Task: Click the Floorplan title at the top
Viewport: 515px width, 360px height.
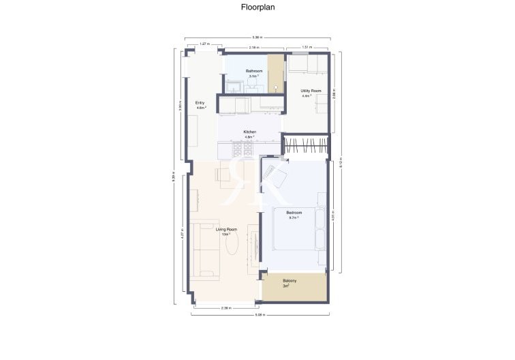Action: (x=257, y=8)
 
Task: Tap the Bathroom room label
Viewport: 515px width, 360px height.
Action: (x=254, y=71)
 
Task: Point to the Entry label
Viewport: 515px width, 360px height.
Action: (x=200, y=103)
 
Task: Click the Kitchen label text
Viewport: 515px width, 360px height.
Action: (x=249, y=132)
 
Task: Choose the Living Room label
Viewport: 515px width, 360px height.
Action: (x=226, y=229)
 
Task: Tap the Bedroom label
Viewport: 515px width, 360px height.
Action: (x=294, y=213)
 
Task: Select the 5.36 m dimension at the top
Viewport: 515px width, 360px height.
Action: (x=257, y=37)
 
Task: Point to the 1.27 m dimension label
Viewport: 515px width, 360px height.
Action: (x=204, y=44)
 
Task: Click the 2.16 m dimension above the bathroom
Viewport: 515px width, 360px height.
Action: (x=253, y=47)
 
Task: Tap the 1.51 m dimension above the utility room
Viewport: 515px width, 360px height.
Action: (x=307, y=47)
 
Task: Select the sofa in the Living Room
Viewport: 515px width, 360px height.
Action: (x=204, y=250)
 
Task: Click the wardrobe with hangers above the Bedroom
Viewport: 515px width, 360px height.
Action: (x=305, y=146)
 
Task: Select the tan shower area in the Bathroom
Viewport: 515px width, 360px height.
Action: (x=275, y=72)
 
